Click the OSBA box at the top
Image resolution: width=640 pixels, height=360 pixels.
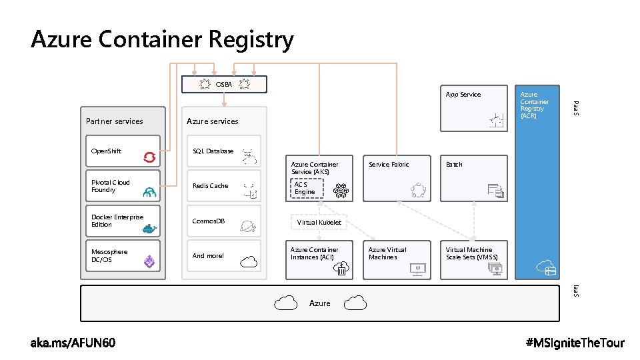tap(224, 84)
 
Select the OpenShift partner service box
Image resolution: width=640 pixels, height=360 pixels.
tap(123, 152)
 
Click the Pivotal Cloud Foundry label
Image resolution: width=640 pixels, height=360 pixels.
tap(111, 186)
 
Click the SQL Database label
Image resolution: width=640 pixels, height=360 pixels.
tap(213, 151)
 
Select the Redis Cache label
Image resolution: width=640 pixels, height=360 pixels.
tap(210, 186)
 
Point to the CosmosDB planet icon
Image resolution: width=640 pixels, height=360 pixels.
tap(249, 227)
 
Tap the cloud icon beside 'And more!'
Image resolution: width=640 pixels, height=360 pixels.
tap(249, 262)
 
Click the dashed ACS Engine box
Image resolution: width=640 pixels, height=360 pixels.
tap(305, 188)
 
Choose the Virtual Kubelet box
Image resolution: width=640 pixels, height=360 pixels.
tap(319, 222)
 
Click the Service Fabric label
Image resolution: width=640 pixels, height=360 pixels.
tap(389, 164)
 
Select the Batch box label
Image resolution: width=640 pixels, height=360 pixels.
tap(454, 164)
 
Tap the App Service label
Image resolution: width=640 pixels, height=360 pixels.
tap(463, 95)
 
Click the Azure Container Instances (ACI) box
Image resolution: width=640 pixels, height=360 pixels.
tap(319, 259)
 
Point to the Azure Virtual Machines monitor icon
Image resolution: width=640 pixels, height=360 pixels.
tap(417, 269)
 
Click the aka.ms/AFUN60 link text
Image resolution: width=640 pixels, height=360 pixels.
tap(73, 343)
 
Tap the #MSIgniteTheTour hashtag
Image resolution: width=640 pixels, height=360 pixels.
tap(575, 343)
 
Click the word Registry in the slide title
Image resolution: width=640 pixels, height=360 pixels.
tap(250, 40)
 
